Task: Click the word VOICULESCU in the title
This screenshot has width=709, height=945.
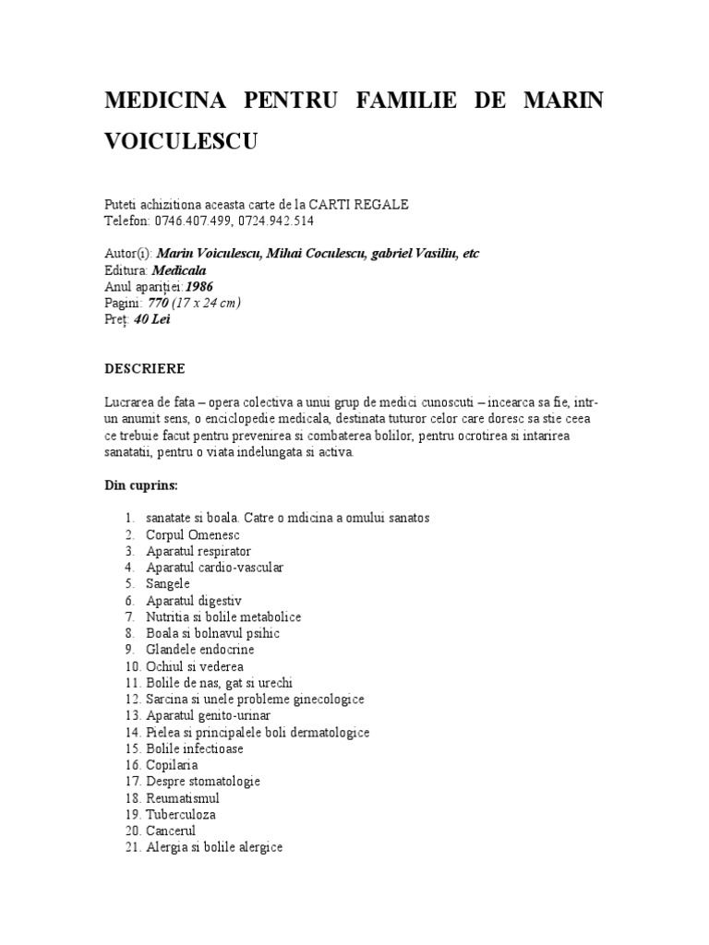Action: [x=184, y=141]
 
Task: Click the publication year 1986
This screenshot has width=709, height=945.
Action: [x=196, y=287]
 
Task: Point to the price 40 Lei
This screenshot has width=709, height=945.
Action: [x=152, y=320]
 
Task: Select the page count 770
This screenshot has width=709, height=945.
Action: [x=160, y=304]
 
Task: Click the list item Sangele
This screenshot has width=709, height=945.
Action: [x=168, y=584]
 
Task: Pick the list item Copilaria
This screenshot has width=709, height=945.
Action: [x=172, y=765]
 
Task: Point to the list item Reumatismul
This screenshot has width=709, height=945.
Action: [x=183, y=798]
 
